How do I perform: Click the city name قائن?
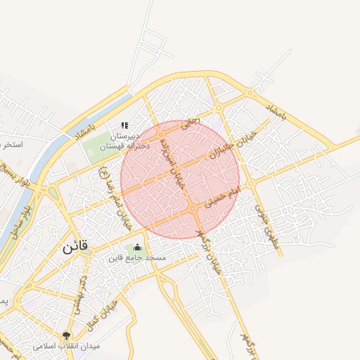75,247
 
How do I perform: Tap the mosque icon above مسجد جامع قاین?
136,247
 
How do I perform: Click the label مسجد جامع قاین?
136,258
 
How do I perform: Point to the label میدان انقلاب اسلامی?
67,347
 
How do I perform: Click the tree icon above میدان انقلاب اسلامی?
67,335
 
